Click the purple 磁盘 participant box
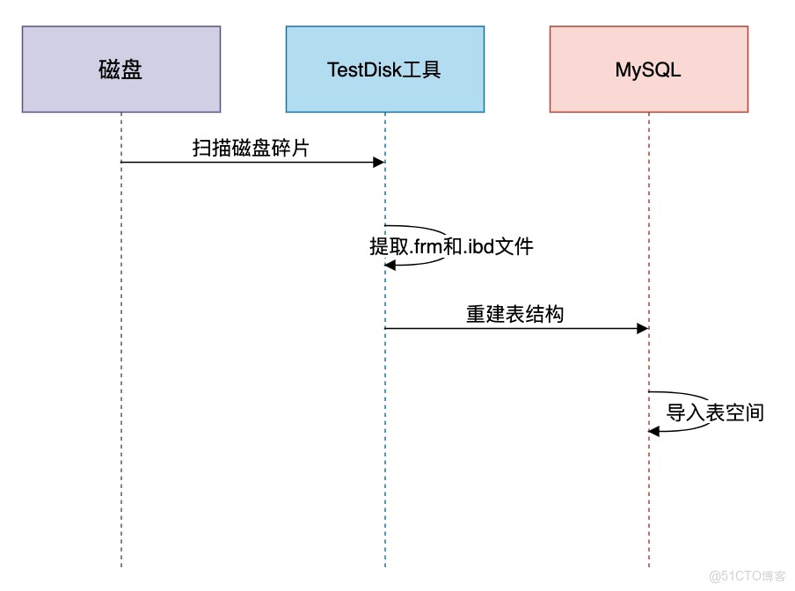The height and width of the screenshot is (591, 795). coord(121,69)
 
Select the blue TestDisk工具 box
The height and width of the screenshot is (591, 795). coord(385,69)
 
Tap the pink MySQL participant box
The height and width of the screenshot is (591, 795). coord(649,69)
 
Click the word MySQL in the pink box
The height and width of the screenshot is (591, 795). coord(648,70)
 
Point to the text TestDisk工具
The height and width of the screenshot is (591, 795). coord(383,70)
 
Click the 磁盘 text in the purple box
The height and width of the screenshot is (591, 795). coord(120,69)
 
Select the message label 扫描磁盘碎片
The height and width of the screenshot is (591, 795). coord(251,148)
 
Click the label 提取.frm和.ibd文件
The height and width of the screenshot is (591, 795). coord(451,247)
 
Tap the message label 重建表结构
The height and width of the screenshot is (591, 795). coord(514,314)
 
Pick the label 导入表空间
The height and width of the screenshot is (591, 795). coord(715,412)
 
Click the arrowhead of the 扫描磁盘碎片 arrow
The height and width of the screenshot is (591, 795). coord(379,162)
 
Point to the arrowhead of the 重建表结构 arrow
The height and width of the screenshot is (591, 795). coord(643,328)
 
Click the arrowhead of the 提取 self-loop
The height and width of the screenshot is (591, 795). coord(390,265)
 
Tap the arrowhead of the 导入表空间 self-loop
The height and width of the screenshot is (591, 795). coord(654,431)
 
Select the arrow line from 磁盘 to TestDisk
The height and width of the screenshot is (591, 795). coord(253,162)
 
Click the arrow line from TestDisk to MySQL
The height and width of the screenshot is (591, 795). coord(516,328)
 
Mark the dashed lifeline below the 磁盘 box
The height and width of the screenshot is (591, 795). coord(121,339)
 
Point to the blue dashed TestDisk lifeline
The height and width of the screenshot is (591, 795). coord(385,405)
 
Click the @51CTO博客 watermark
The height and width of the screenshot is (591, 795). coord(748,576)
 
